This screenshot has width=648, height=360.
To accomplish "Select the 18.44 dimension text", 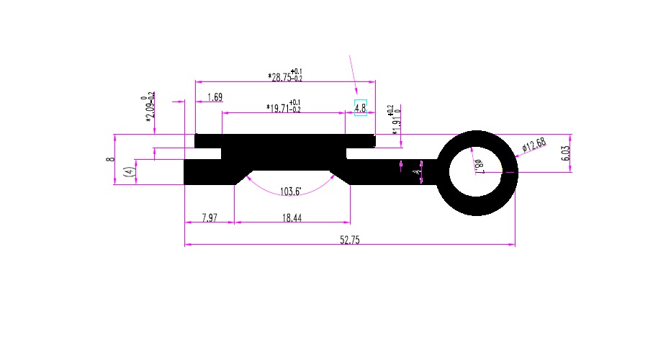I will pyautogui.click(x=292, y=217).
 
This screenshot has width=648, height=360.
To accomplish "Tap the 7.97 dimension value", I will pyautogui.click(x=210, y=217).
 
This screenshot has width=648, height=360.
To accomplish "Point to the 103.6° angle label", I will pyautogui.click(x=291, y=192).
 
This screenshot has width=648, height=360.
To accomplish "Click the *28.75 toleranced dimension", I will pyautogui.click(x=285, y=76).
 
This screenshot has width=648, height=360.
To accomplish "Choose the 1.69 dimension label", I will pyautogui.click(x=215, y=97).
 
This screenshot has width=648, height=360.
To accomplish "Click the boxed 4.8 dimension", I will pyautogui.click(x=361, y=108).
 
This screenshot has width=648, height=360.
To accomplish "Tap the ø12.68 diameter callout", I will pyautogui.click(x=534, y=146).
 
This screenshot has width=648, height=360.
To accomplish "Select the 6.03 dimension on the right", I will pyautogui.click(x=565, y=153).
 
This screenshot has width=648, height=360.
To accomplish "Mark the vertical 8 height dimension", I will pyautogui.click(x=110, y=159).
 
